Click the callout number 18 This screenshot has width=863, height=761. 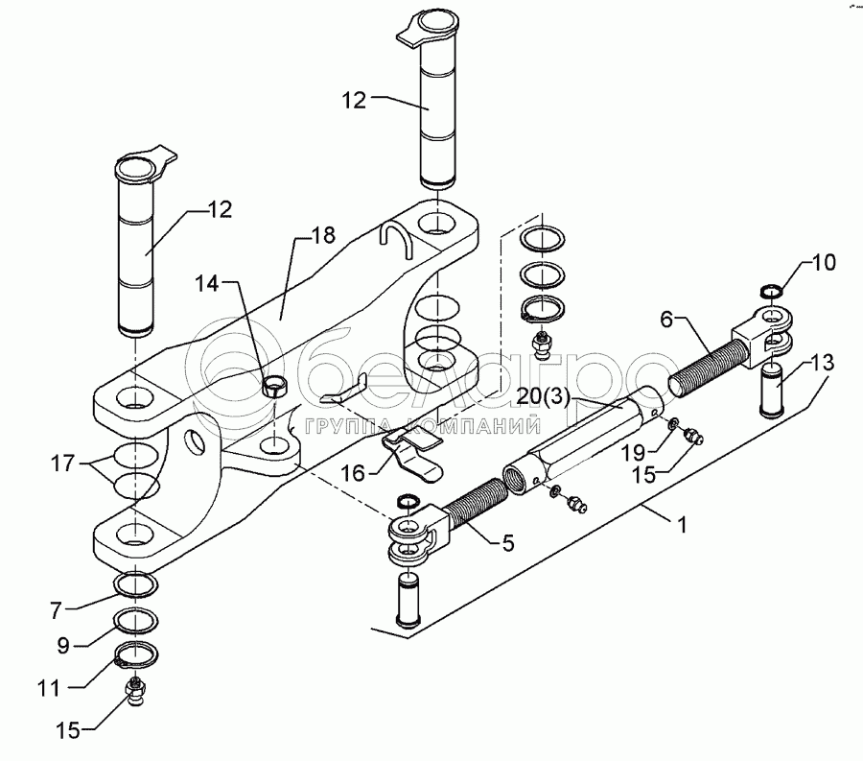pos(324,235)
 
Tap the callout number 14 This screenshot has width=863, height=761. pos(206,284)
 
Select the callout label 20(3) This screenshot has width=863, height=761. pos(544,397)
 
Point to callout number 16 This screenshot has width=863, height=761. pos(353,472)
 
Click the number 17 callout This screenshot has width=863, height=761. pos(62,464)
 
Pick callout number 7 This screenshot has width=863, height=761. pos(56,610)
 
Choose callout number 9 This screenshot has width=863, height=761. pos(63,646)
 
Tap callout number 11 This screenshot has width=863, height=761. pos(49,688)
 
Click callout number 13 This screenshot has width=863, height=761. pos(823,363)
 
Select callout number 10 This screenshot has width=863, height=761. pos(824,262)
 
